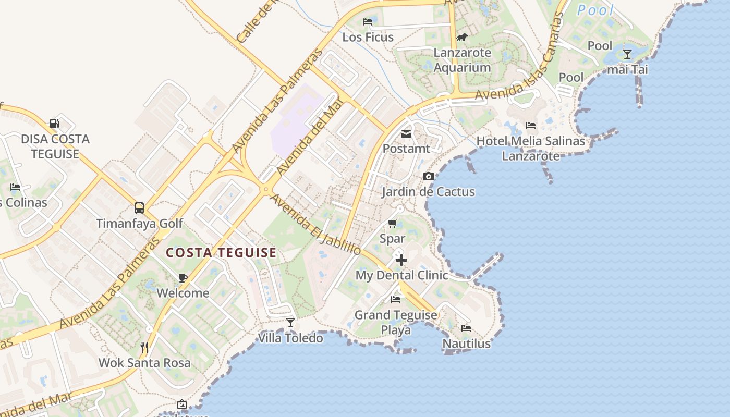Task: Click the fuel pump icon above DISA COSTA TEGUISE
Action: (x=54, y=124)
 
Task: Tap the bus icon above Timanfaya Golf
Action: (x=139, y=207)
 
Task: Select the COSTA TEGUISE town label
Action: (x=221, y=253)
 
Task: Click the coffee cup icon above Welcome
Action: (x=182, y=278)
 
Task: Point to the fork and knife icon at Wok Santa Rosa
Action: (x=144, y=347)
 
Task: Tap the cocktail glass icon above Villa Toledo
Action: (x=290, y=323)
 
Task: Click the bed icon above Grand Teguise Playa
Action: (x=396, y=300)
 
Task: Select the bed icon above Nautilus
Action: (x=466, y=328)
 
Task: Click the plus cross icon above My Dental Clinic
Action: (x=401, y=260)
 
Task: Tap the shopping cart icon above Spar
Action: (x=392, y=224)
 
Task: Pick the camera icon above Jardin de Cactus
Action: (x=428, y=176)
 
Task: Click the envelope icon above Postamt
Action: (x=406, y=134)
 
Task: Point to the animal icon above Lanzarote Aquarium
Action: (x=462, y=37)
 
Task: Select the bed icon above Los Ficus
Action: (x=368, y=22)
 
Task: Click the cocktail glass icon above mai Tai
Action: (x=627, y=54)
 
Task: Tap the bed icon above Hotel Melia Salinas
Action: (x=531, y=125)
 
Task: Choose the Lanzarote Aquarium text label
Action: (x=463, y=60)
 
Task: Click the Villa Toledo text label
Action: (x=290, y=338)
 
